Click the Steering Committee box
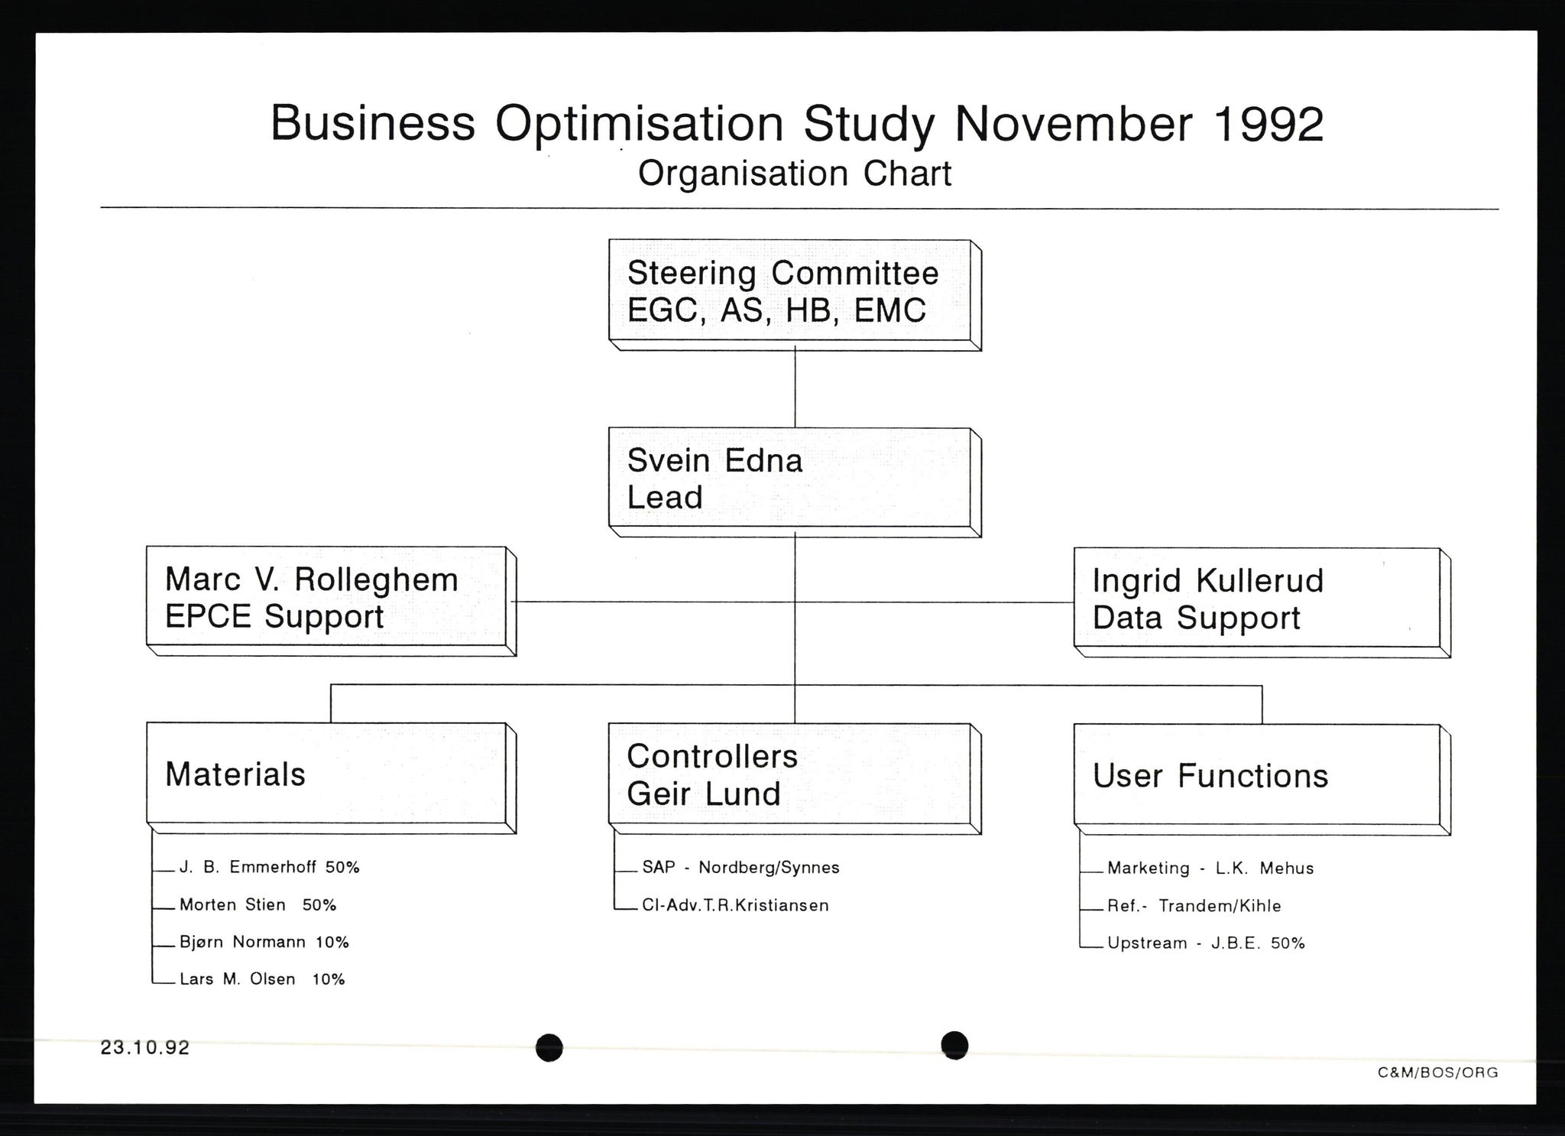795,295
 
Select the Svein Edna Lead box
795,482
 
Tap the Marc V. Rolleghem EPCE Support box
331,601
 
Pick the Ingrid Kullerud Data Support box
1262,602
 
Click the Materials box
331,777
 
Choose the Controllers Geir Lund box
795,778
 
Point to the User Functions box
1262,780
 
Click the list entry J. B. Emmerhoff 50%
269,868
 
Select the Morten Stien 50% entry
258,905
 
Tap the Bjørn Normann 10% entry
264,942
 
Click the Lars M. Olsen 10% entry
262,979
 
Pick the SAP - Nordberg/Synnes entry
740,868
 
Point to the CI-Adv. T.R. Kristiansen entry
735,905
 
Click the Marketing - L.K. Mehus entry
1210,868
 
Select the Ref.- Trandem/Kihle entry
1194,906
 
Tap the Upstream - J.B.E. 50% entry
1206,943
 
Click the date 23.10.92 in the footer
145,1047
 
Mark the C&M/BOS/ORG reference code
1438,1073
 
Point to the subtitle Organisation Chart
795,174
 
